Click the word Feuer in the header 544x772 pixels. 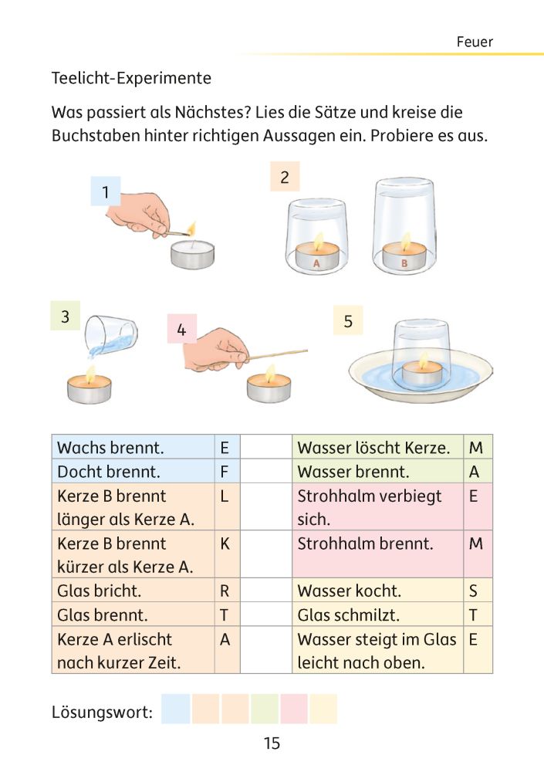click(474, 42)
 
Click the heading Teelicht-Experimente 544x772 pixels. click(130, 79)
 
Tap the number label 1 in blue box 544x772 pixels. click(105, 192)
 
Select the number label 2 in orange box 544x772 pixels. click(285, 178)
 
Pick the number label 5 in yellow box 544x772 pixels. click(348, 321)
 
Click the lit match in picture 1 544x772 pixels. click(181, 230)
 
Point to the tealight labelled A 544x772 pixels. click(316, 256)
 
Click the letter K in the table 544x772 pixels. click(225, 543)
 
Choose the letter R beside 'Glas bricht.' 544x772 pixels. click(225, 591)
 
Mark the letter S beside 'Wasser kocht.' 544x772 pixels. click(474, 591)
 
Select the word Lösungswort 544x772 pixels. click(102, 711)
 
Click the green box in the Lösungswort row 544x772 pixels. click(265, 709)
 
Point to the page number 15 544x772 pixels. click(272, 744)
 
